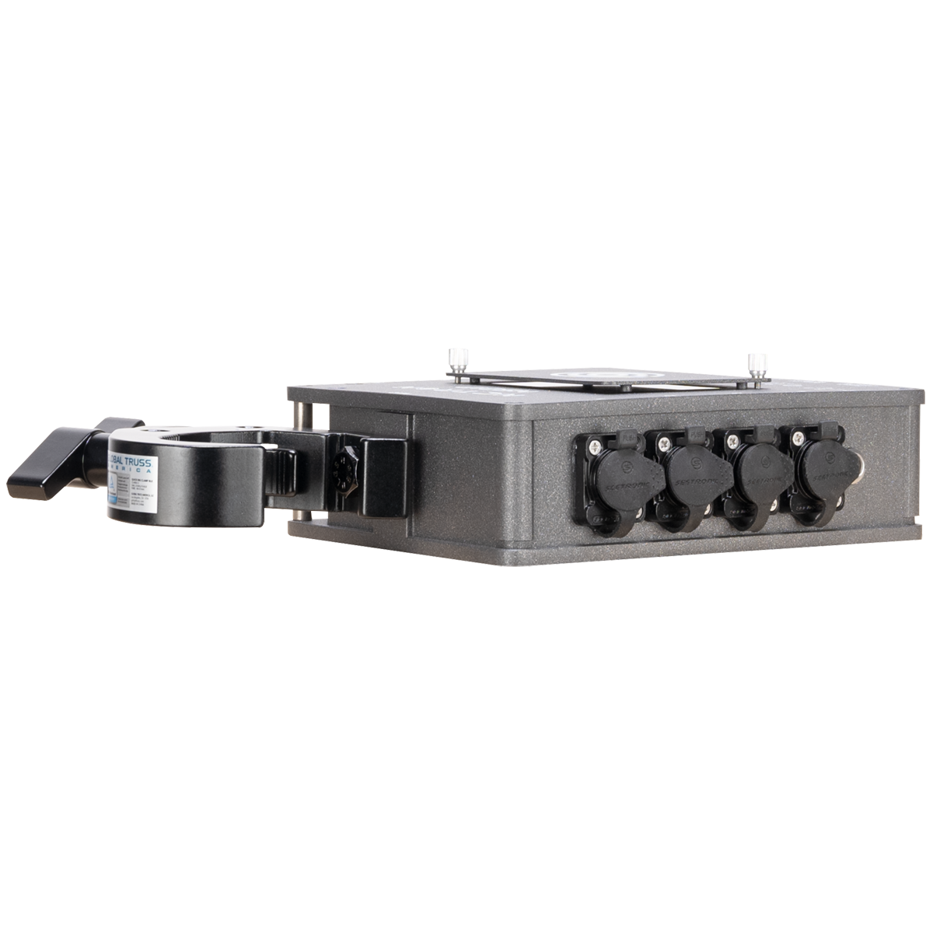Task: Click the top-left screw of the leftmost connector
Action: pyautogui.click(x=595, y=445)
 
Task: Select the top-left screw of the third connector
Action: pyautogui.click(x=732, y=442)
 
